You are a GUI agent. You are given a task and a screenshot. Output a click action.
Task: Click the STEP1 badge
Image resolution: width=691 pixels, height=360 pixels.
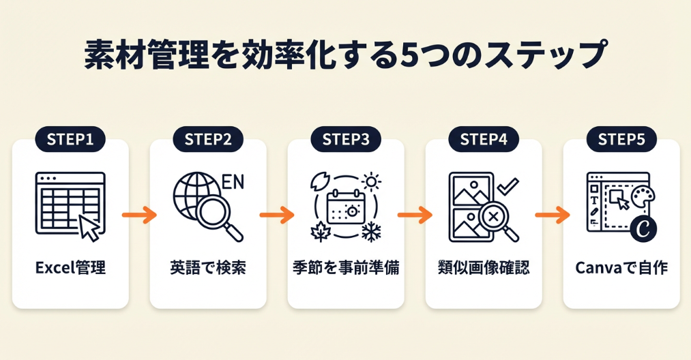point(70,140)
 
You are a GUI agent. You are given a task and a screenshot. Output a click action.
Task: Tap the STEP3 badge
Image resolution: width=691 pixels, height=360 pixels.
point(346,140)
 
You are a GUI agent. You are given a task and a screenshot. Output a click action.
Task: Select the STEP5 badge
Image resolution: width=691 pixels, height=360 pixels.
point(621,140)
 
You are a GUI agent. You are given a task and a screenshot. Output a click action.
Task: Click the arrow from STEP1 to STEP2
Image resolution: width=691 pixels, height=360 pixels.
point(139,215)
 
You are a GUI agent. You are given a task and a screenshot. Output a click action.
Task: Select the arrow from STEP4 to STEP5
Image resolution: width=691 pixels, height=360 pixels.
point(553,215)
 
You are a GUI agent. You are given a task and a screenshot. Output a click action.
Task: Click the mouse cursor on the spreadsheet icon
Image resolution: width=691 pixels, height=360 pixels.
point(90,227)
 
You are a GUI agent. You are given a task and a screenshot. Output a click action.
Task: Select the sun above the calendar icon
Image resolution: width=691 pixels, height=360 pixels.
point(371,181)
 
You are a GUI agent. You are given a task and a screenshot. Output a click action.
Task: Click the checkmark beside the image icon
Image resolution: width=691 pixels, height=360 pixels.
point(508,185)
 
